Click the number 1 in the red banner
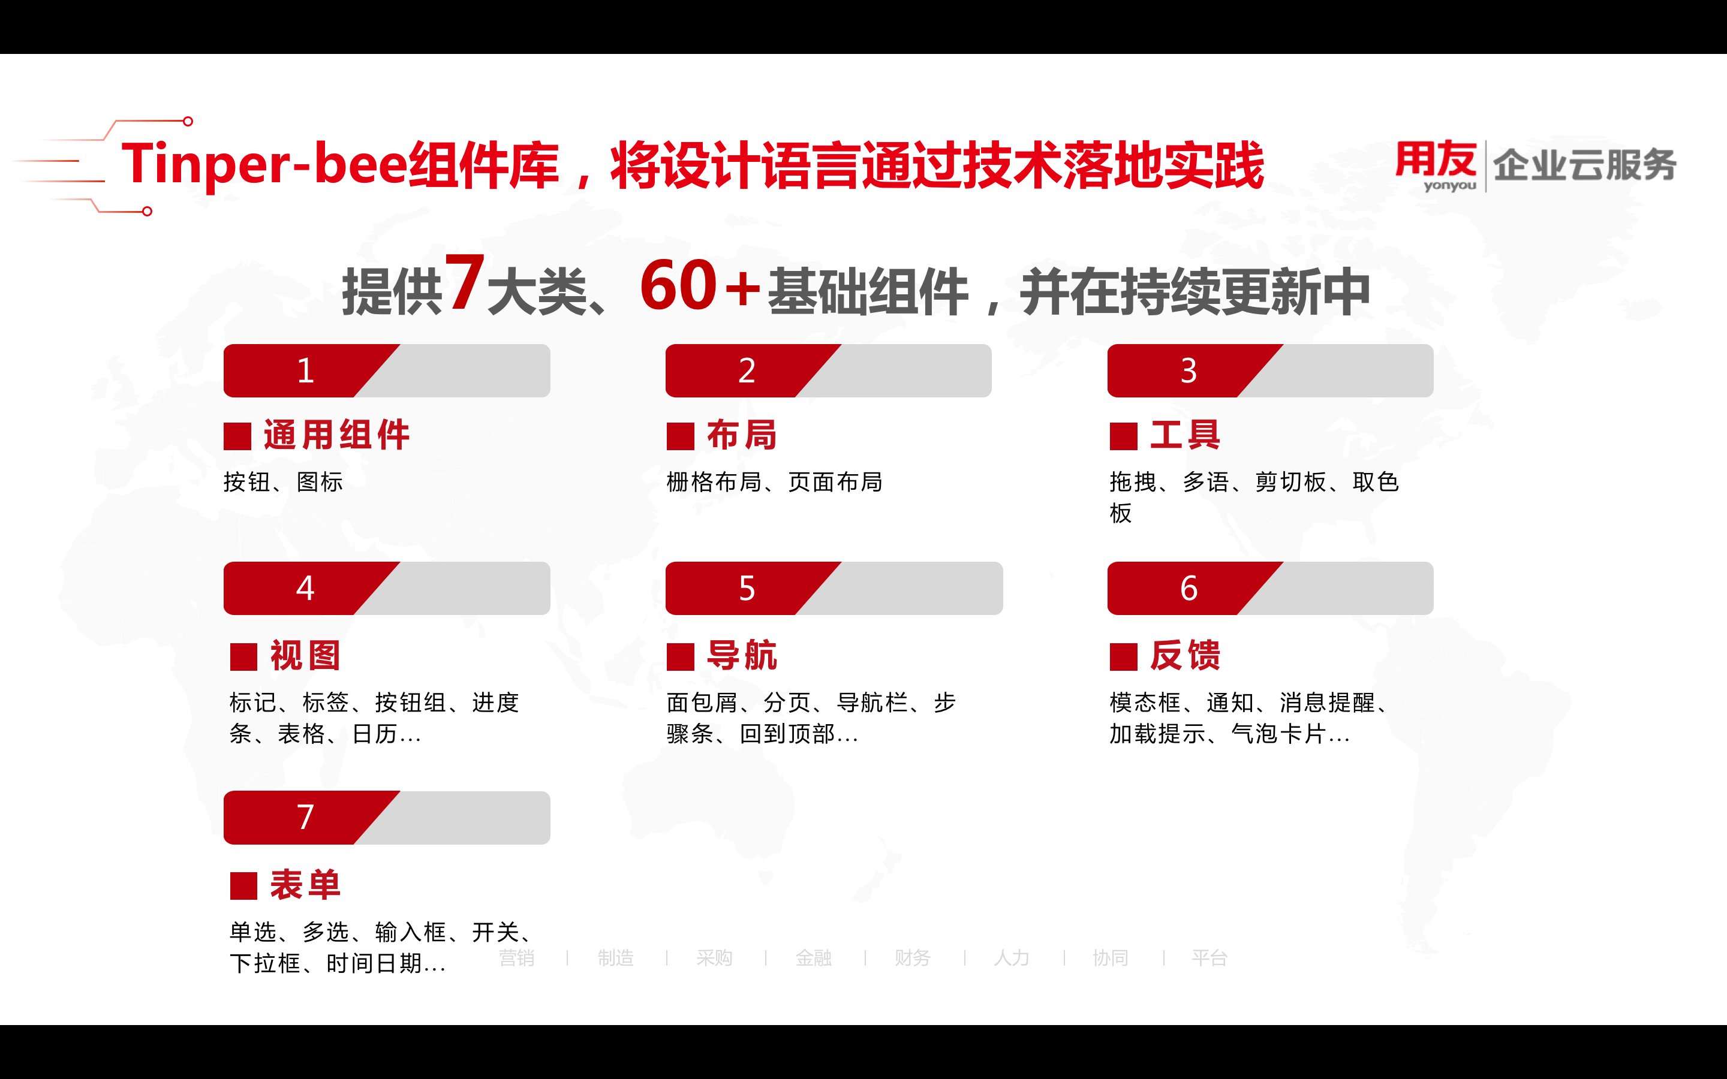click(305, 371)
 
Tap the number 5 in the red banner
click(747, 589)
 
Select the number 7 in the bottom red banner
click(305, 817)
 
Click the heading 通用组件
click(336, 435)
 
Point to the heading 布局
click(742, 435)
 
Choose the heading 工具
click(1186, 435)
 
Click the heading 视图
click(305, 655)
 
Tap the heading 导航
click(742, 655)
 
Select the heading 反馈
click(1186, 655)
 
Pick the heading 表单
click(305, 885)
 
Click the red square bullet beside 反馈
click(1123, 656)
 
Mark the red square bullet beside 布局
click(680, 436)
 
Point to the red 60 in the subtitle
click(678, 285)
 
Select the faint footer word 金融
click(814, 958)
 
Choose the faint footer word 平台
click(1209, 958)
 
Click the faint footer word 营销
click(517, 958)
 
